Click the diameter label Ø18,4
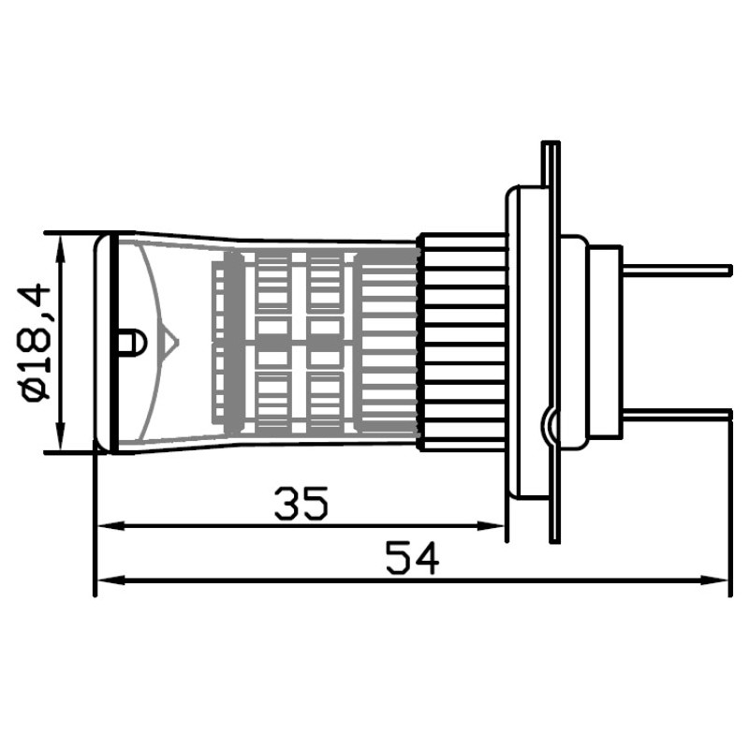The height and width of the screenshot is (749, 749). click(x=34, y=342)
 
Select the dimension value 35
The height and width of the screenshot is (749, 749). click(x=301, y=503)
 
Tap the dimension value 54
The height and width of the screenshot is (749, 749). click(x=412, y=558)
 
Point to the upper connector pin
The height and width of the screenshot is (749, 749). click(x=676, y=271)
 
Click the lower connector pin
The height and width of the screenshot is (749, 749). click(x=676, y=414)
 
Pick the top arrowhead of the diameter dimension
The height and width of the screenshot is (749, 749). click(x=61, y=248)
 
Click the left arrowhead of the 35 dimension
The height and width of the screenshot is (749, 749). click(x=110, y=526)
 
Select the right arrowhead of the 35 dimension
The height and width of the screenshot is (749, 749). click(x=491, y=526)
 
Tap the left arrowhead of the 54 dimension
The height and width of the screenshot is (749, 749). click(x=110, y=580)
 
